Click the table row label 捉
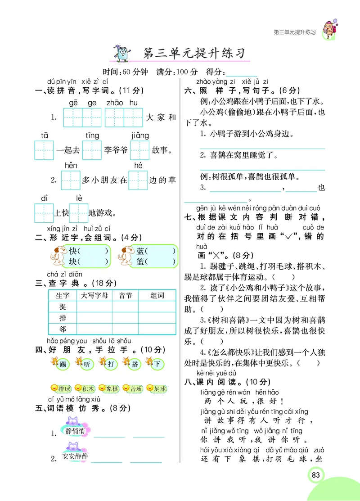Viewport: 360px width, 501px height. coord(63,307)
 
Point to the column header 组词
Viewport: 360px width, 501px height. coord(157,296)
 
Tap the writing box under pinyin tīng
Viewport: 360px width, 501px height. coord(92,150)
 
